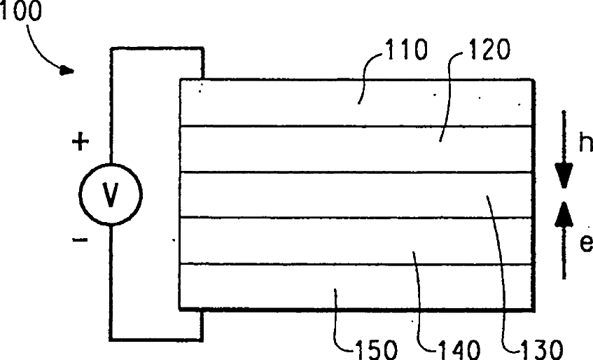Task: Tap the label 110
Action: (x=405, y=52)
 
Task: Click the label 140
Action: (x=459, y=347)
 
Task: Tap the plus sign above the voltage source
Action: (x=81, y=143)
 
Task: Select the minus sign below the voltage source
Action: (x=81, y=240)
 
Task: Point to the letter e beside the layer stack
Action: (x=585, y=243)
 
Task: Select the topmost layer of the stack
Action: (x=280, y=102)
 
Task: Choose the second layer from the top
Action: (x=280, y=148)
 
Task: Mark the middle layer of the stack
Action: (x=280, y=195)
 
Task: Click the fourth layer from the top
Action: (x=280, y=240)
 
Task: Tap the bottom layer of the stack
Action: (x=280, y=286)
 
